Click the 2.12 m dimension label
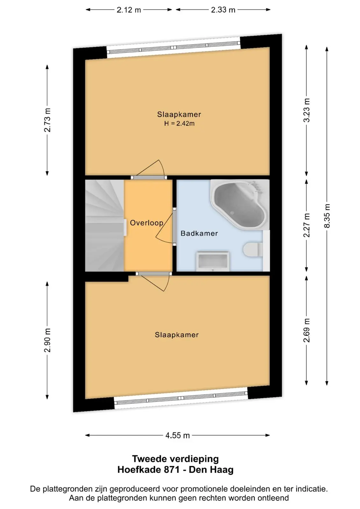[129, 10]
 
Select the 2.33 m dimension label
[223, 10]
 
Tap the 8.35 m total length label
[327, 216]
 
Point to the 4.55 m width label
[177, 436]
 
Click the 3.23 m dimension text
[307, 110]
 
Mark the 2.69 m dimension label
[307, 330]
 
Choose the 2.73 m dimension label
[47, 120]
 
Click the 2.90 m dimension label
[47, 340]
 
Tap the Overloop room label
[146, 223]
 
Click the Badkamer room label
[199, 234]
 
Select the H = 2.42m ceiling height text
[180, 124]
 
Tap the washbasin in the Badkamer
[213, 261]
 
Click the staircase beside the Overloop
[105, 226]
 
